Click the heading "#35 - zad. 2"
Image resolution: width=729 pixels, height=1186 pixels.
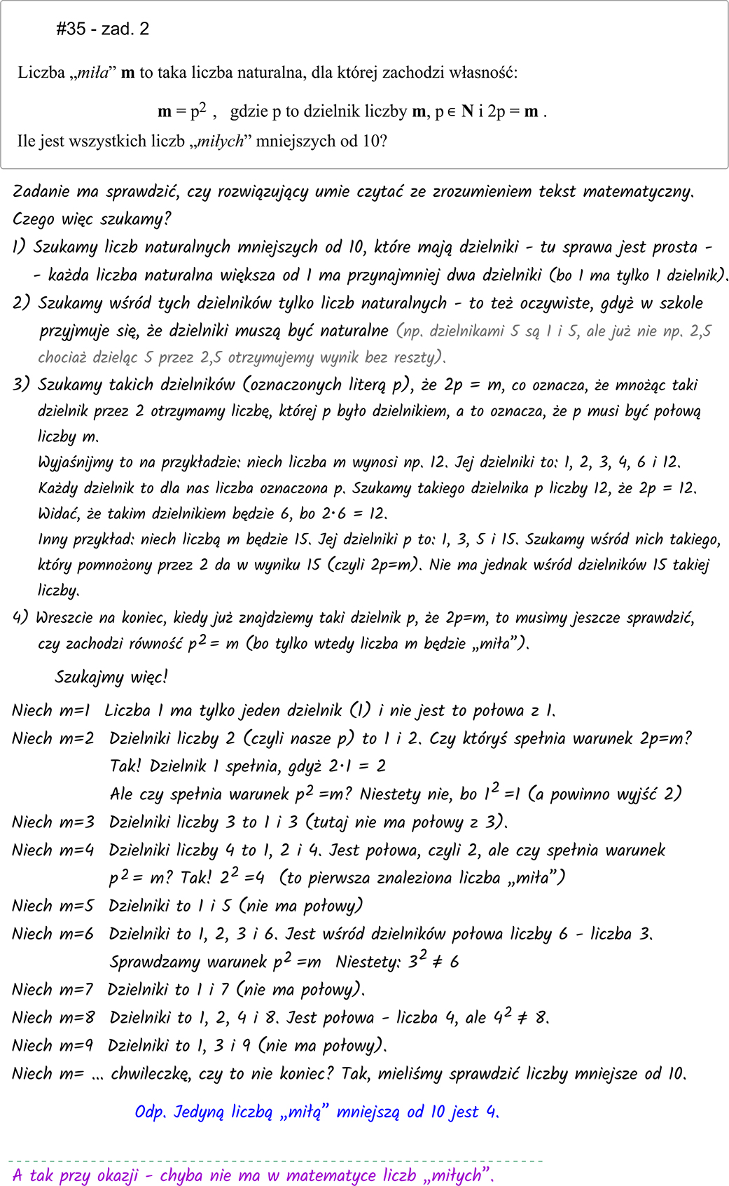(x=102, y=29)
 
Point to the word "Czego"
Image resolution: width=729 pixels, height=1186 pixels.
(x=32, y=219)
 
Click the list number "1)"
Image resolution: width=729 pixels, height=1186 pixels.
(x=19, y=247)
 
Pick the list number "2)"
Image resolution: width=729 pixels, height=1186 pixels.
(x=22, y=303)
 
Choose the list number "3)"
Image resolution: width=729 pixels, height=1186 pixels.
(x=22, y=385)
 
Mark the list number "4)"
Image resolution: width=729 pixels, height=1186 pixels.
(x=20, y=618)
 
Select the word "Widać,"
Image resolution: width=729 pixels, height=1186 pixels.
(x=60, y=513)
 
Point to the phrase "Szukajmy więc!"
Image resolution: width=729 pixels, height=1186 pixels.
(x=111, y=677)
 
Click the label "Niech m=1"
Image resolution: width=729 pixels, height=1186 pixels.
(x=51, y=710)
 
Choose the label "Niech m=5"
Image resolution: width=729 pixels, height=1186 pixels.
(x=53, y=906)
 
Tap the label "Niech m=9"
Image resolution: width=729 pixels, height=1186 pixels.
(x=53, y=1045)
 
